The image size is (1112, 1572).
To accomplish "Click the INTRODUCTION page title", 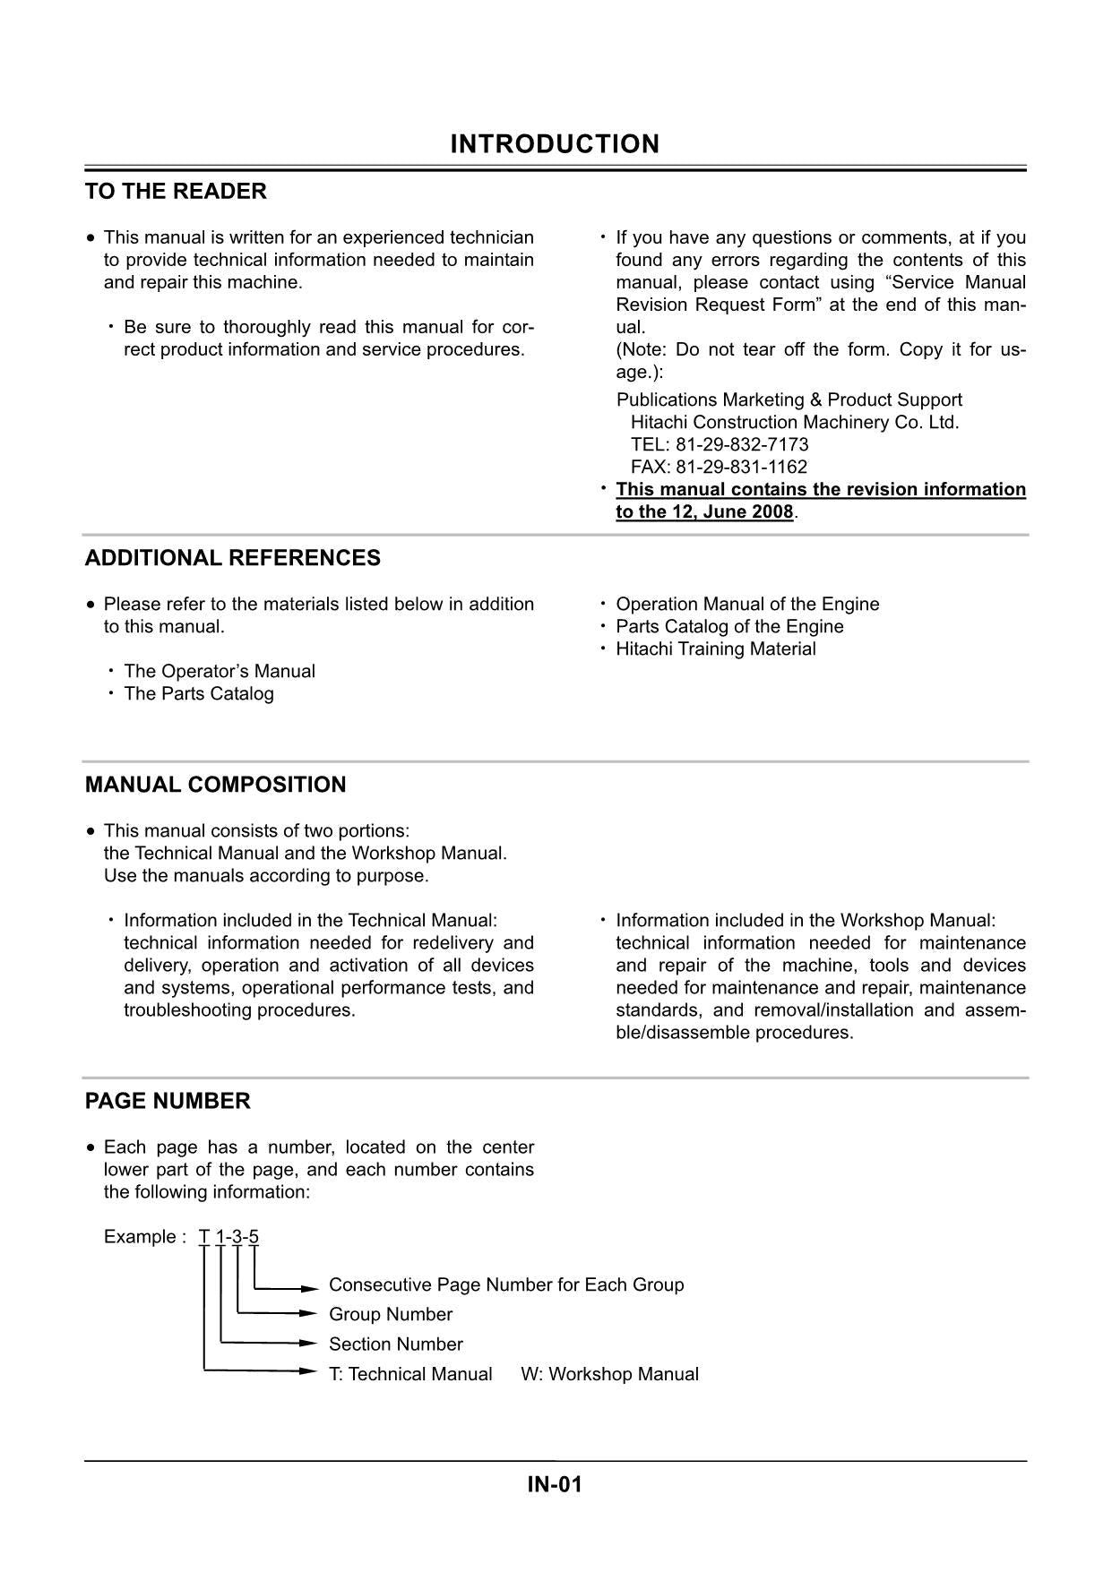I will [555, 144].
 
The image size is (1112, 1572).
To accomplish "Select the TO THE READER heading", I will [176, 192].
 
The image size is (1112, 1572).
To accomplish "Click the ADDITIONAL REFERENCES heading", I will [232, 558].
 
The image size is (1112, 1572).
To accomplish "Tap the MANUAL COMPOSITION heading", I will [215, 785].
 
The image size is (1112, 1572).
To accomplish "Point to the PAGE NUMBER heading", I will [168, 1101].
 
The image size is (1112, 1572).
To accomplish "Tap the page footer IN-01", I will [555, 1485].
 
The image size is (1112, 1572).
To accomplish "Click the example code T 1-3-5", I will [228, 1237].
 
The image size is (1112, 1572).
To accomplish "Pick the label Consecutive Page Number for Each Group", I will [506, 1285].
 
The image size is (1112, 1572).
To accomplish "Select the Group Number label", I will [391, 1315].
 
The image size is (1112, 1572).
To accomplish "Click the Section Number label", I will [396, 1344].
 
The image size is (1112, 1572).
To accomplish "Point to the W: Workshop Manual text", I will [609, 1374].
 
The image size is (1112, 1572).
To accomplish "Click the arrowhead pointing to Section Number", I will [310, 1344].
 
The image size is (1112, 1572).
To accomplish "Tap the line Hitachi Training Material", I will [715, 649].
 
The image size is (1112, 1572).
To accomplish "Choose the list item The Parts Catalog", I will [199, 694].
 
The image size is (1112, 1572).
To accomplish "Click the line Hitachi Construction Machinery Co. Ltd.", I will [794, 423].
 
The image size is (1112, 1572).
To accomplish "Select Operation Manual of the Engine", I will [747, 605].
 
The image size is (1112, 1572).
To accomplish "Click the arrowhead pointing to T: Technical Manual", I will [310, 1371].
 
